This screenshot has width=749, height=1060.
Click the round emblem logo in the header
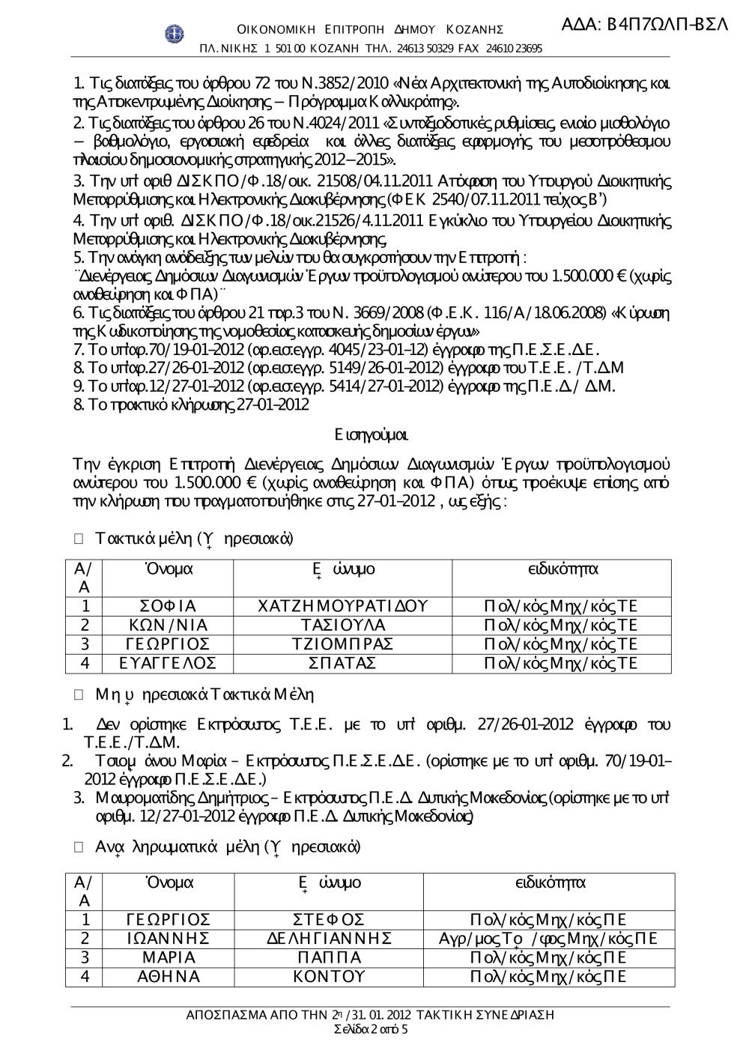[x=174, y=33]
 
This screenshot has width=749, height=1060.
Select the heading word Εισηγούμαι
[x=372, y=434]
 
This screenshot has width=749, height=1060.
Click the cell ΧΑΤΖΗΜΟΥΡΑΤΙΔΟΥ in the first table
[x=342, y=606]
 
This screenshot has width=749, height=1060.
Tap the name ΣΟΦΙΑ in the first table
[x=168, y=606]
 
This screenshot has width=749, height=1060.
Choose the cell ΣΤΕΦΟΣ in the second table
[x=330, y=920]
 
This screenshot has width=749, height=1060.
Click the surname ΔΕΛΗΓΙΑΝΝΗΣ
[x=330, y=939]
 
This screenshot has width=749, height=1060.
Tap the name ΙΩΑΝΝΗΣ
[x=168, y=939]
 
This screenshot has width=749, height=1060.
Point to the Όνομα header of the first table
[x=168, y=569]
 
